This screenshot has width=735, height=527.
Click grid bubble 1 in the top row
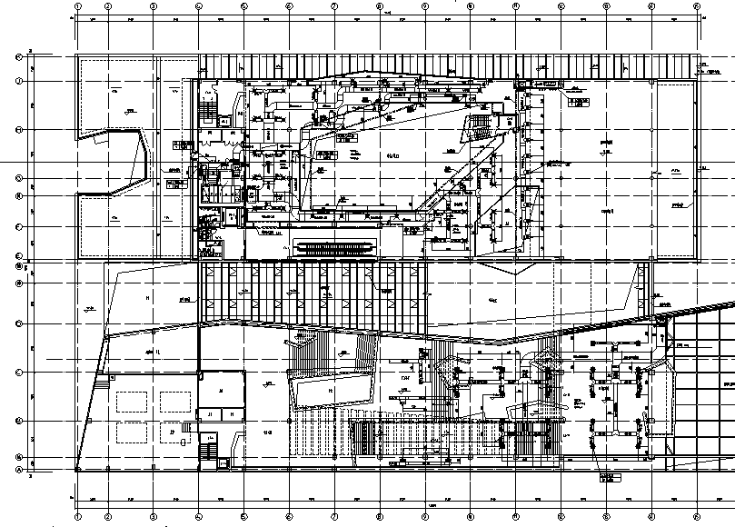coord(79,6)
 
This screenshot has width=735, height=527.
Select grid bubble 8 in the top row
coord(380,6)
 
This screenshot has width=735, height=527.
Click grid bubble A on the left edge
coord(18,469)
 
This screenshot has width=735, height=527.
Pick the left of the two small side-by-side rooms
coord(210,413)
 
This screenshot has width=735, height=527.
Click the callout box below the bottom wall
coord(606,480)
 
